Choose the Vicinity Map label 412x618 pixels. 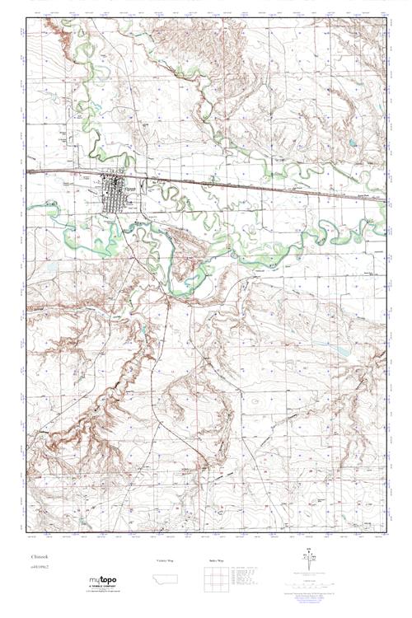click(x=167, y=560)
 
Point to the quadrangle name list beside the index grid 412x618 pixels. click(x=245, y=580)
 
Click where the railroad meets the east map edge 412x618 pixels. click(x=386, y=198)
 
